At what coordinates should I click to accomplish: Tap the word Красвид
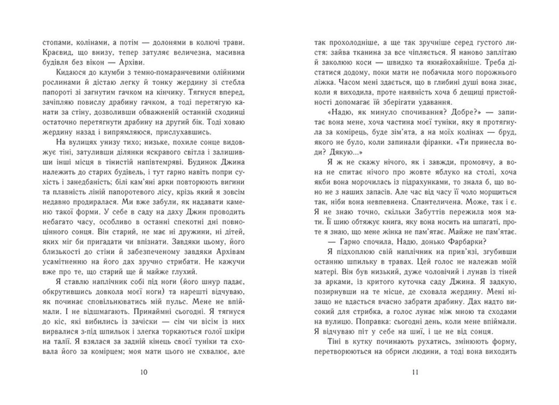(x=43, y=53)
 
